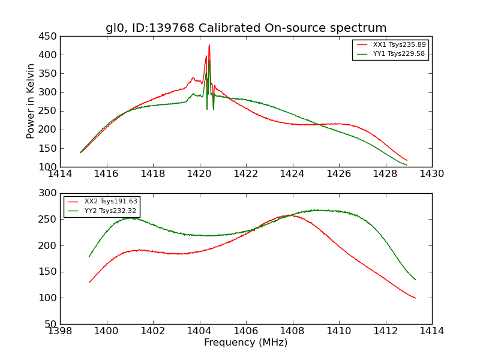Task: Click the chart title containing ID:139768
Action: (246, 28)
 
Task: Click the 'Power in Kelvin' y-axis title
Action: (31, 101)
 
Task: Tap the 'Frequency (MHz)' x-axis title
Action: (246, 343)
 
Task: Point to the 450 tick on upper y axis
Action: (49, 36)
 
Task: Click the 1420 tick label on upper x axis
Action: (199, 174)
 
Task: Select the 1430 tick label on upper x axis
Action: (431, 174)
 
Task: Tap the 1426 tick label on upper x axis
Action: (338, 174)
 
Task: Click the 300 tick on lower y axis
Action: (49, 193)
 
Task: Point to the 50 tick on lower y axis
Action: (52, 324)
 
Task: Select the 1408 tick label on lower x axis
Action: (292, 331)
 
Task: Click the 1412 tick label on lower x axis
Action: (385, 331)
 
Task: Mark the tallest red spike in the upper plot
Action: (209, 45)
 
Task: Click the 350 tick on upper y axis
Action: (49, 73)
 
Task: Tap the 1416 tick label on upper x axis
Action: (107, 174)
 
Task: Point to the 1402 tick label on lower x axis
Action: (153, 331)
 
